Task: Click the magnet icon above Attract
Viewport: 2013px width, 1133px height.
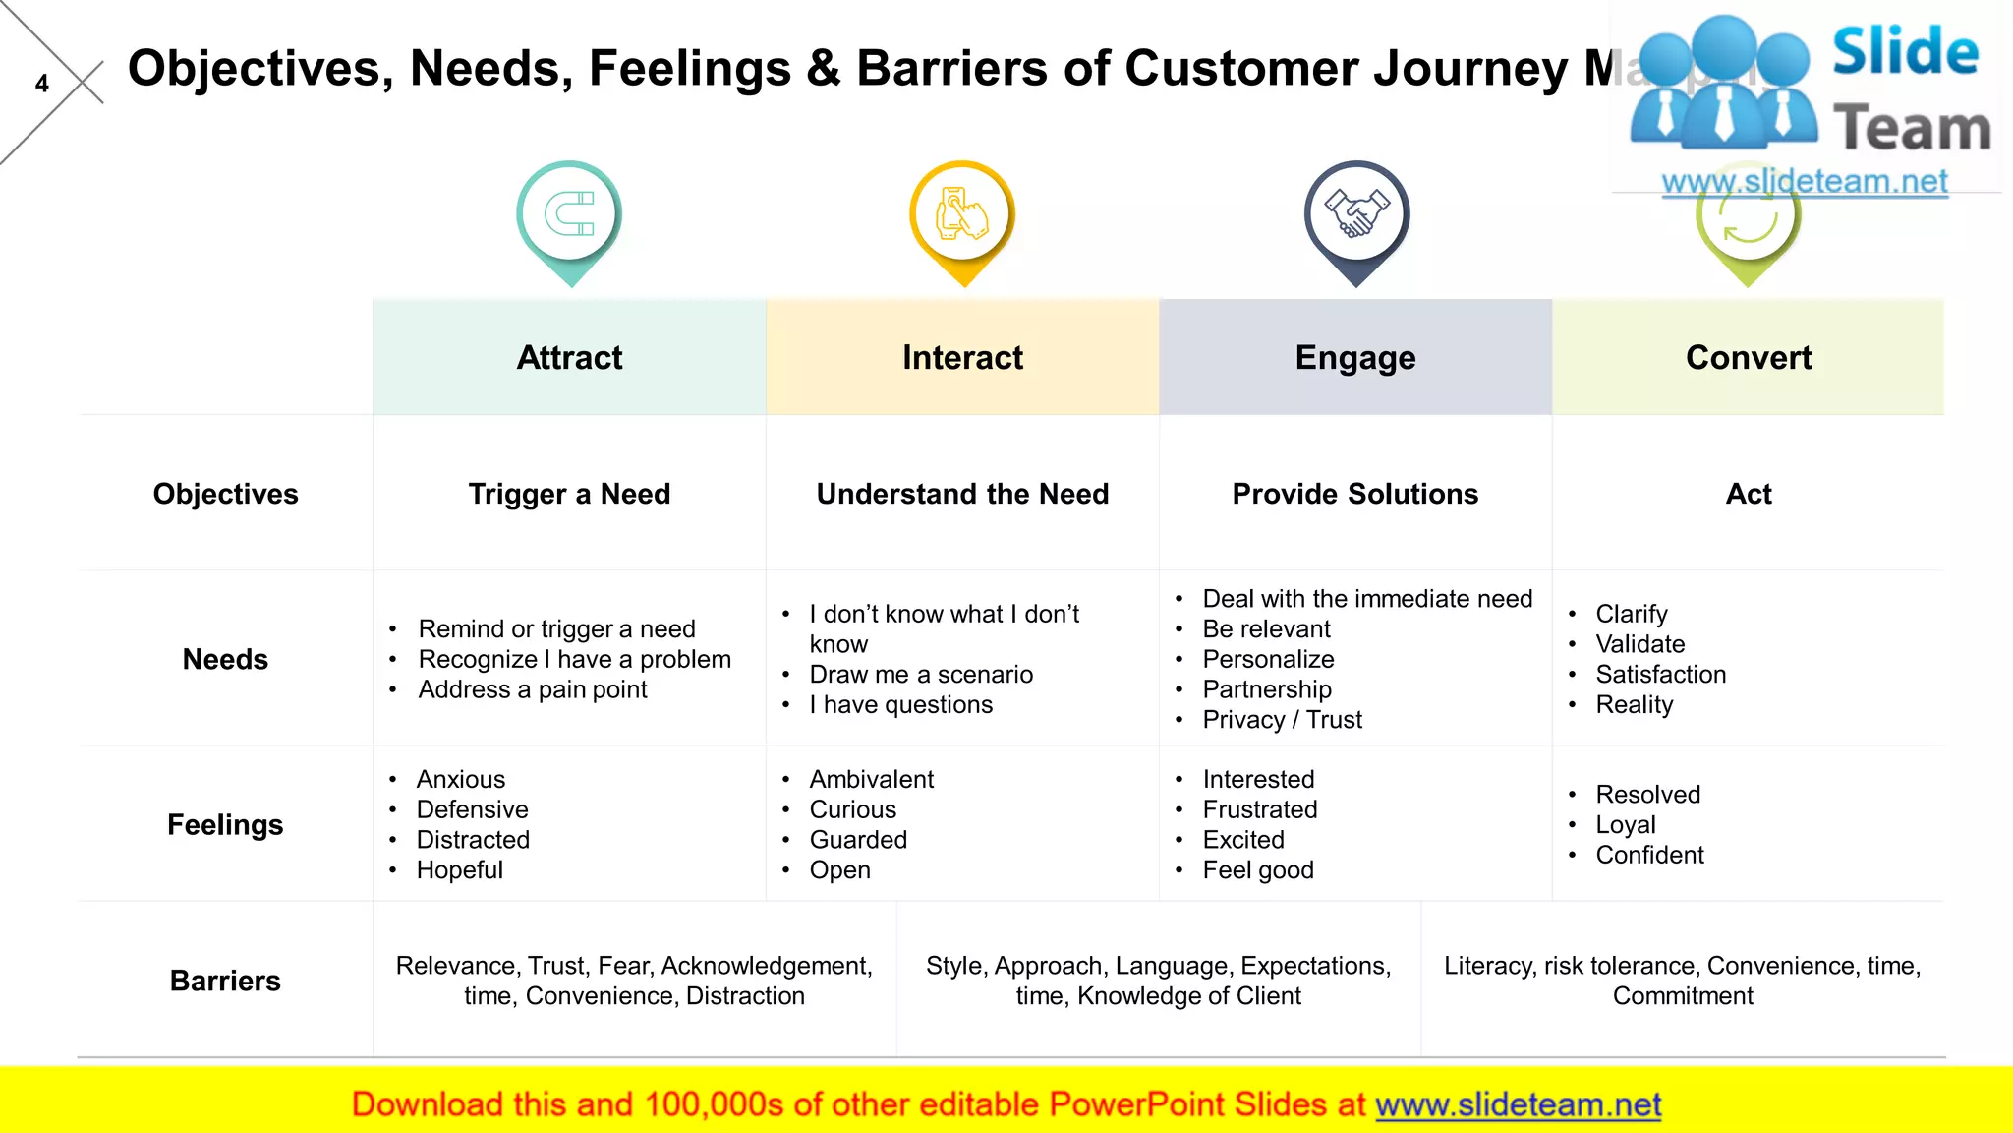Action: [569, 214]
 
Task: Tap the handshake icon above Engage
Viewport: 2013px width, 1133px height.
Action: [1355, 214]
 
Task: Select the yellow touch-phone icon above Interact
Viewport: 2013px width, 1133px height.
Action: [962, 214]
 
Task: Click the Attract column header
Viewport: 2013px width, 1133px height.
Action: [569, 357]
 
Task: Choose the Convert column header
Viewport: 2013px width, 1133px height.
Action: [1748, 357]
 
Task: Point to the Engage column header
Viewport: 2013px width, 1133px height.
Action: [1354, 357]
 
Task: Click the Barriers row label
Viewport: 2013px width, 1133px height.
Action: [225, 981]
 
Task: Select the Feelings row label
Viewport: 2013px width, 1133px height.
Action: [225, 824]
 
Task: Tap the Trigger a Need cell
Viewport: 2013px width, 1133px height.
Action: [569, 494]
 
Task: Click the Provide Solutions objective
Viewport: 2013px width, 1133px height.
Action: [1354, 494]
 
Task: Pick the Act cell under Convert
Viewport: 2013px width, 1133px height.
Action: [1748, 494]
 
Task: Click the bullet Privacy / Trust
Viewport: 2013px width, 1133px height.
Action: [1282, 720]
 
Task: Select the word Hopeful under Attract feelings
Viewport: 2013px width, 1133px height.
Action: [459, 870]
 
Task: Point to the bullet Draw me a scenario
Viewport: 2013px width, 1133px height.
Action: [921, 675]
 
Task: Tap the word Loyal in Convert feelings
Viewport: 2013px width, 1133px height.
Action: [1625, 825]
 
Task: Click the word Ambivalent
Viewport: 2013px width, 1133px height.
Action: [871, 780]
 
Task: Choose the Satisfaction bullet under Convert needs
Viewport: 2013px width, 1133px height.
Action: [1660, 675]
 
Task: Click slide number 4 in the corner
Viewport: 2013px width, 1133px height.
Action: [41, 84]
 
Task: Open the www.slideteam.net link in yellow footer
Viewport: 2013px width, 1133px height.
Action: [1518, 1104]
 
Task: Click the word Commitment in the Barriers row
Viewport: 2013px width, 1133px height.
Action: [1682, 996]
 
